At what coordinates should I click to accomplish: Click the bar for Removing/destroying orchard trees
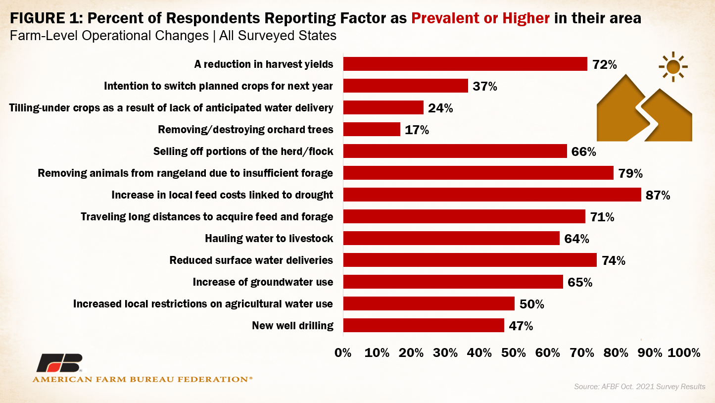click(372, 129)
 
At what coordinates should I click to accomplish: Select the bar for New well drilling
click(424, 325)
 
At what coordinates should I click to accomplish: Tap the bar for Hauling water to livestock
click(451, 238)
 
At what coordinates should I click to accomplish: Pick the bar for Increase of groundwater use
click(453, 282)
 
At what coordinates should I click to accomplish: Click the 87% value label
click(658, 195)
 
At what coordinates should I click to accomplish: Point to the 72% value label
click(604, 64)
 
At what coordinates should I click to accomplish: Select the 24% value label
click(440, 108)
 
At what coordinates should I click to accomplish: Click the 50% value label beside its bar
click(531, 304)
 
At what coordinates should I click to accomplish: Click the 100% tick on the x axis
click(683, 353)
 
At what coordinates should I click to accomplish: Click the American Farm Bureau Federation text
click(142, 379)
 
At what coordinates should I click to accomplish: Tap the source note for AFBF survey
click(640, 386)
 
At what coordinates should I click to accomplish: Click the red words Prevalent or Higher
click(480, 19)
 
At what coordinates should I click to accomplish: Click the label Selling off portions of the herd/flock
click(243, 151)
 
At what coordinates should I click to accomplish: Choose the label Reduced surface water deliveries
click(251, 260)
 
